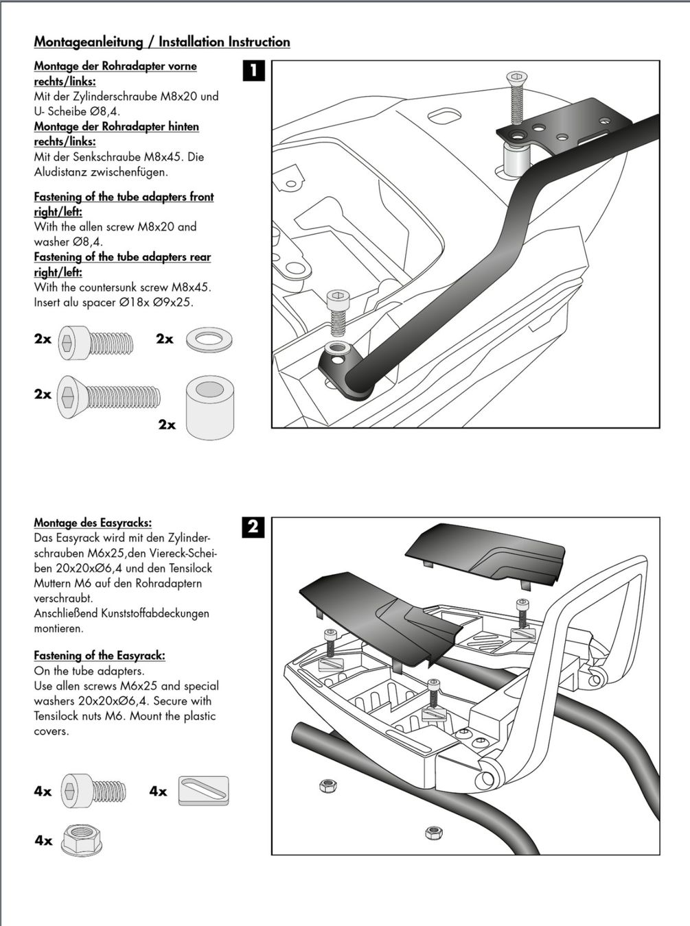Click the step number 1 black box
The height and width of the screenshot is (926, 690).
click(254, 71)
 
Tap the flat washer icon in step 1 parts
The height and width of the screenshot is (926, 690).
click(209, 340)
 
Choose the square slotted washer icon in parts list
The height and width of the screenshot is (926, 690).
click(203, 792)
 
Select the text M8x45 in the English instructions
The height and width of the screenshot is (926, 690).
click(191, 287)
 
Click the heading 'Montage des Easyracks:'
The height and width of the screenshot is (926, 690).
click(93, 523)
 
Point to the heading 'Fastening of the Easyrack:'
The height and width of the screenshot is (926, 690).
click(100, 656)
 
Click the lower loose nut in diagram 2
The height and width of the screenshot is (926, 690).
click(433, 832)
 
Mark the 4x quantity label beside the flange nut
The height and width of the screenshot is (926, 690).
click(43, 840)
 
